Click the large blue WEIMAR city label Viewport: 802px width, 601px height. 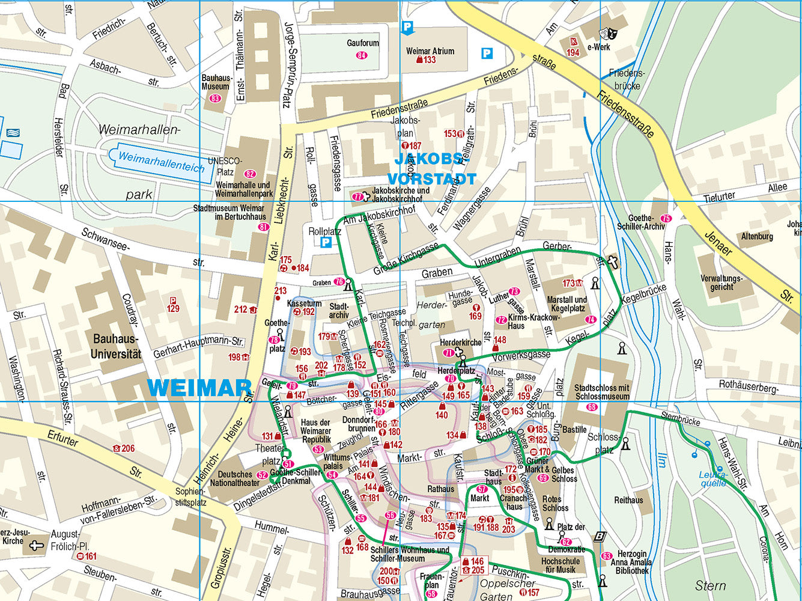coord(198,388)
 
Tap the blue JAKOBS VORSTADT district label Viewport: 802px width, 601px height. coord(431,169)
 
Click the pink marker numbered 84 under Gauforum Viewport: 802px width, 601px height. coord(362,55)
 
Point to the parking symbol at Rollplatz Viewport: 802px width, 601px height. coord(326,242)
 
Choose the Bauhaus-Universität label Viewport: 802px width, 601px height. coord(116,347)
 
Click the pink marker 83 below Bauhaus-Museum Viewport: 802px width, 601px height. coord(215,99)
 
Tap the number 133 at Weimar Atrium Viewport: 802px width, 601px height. coord(430,60)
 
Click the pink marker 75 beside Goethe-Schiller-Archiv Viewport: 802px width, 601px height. coord(665,219)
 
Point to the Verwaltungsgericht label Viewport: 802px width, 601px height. coord(721,283)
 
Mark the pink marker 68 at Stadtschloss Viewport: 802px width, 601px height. coord(592,407)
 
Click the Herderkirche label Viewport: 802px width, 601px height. coord(461,343)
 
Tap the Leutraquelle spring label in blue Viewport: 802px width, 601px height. coord(713,478)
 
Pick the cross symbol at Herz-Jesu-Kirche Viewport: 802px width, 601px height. coord(37,546)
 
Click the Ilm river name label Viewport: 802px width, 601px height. coord(661,460)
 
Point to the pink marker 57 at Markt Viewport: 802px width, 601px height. coord(482,489)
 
